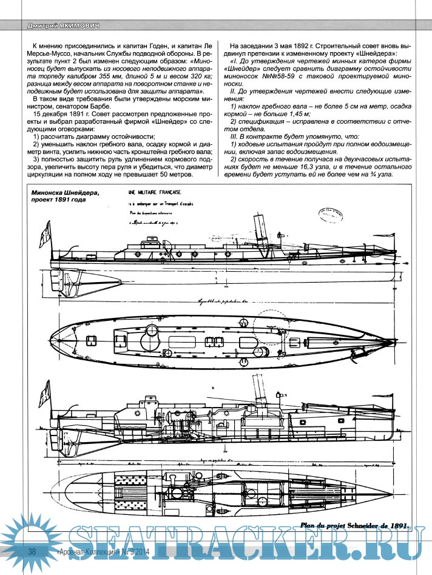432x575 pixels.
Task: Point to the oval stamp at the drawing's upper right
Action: pos(330,214)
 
